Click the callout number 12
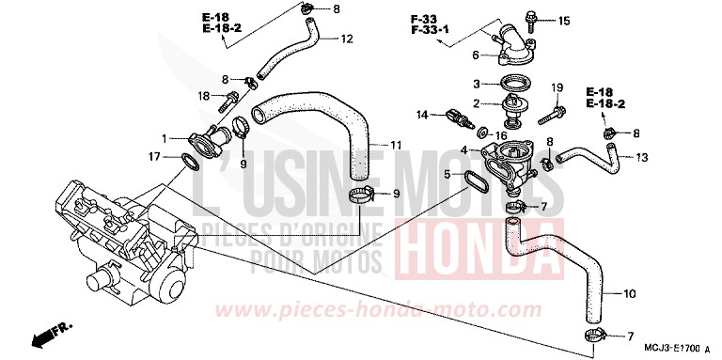point(347,39)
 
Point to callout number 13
point(641,157)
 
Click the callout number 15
point(563,20)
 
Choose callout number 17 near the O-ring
point(153,155)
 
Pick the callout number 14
point(422,115)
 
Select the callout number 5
point(448,174)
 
